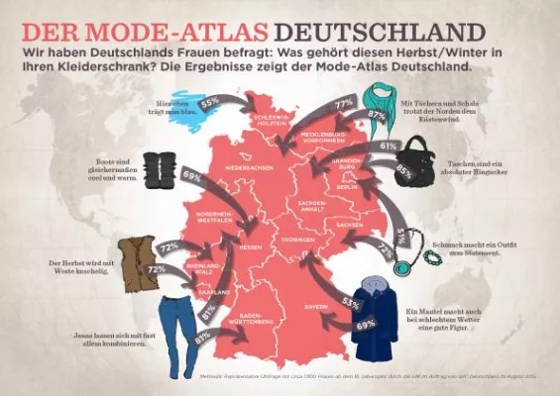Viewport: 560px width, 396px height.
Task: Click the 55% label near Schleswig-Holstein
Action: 209,103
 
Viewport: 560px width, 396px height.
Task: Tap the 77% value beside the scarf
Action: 344,103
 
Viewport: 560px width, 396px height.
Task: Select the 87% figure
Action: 376,115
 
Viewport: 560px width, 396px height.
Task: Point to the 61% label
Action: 389,146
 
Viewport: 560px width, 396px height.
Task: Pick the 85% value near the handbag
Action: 404,170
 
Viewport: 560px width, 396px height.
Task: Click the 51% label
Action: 400,235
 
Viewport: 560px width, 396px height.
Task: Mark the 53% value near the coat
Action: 350,302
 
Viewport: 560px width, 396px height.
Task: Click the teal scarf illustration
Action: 377,98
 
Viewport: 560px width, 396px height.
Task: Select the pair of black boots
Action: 158,169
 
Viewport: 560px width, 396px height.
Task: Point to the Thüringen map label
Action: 296,241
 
